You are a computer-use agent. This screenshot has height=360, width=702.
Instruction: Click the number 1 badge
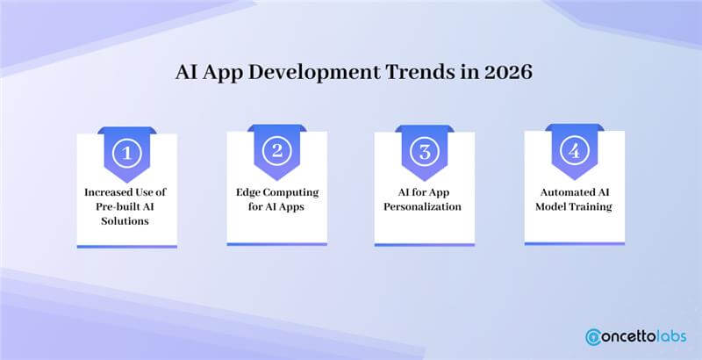click(127, 154)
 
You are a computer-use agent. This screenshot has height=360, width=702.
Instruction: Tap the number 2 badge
click(276, 152)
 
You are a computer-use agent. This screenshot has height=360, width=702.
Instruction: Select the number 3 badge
click(425, 152)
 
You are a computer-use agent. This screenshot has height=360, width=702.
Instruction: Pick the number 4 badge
click(574, 151)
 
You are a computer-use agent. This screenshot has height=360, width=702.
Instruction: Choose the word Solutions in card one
click(127, 221)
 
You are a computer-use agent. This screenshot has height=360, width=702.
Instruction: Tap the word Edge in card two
click(247, 191)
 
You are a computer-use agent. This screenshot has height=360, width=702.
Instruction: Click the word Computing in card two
click(292, 191)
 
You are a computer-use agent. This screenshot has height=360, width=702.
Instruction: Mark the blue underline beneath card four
click(574, 242)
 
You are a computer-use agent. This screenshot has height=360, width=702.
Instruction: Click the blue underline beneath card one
click(127, 247)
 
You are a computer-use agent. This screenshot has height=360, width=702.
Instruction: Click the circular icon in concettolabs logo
click(594, 336)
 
